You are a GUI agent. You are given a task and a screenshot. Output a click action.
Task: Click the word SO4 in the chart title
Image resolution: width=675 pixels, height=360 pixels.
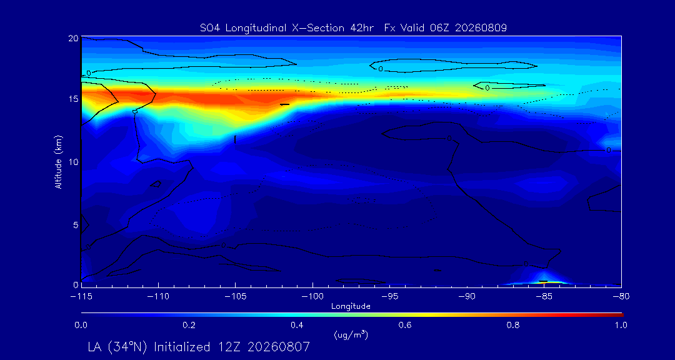pos(209,28)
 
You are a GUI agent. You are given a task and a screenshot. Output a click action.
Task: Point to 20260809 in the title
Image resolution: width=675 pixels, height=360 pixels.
pos(481,28)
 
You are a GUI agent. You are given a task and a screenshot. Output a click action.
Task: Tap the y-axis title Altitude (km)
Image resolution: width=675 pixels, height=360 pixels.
pos(59,162)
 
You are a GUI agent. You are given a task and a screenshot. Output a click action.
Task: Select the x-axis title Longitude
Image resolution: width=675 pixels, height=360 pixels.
pos(351,307)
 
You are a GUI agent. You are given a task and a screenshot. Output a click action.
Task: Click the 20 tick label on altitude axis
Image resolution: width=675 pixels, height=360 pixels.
pos(73,38)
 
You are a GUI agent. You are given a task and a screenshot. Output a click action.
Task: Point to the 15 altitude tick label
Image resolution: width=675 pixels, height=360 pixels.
pos(73,99)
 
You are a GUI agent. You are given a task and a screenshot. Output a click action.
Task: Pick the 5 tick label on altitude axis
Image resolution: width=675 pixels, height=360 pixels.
pos(76,225)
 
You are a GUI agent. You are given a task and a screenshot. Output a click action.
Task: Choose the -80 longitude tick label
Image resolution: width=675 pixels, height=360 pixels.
pos(621,296)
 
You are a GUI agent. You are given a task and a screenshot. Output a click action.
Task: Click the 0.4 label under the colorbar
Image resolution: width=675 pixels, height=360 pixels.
pos(297,325)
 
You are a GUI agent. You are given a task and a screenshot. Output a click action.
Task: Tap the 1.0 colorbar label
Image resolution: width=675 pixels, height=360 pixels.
pos(621,325)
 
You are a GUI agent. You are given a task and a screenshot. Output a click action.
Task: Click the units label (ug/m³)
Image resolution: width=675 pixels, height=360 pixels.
pos(351,334)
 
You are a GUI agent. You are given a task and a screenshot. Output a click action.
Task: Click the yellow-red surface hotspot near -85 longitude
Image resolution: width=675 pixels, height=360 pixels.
pos(544,281)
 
